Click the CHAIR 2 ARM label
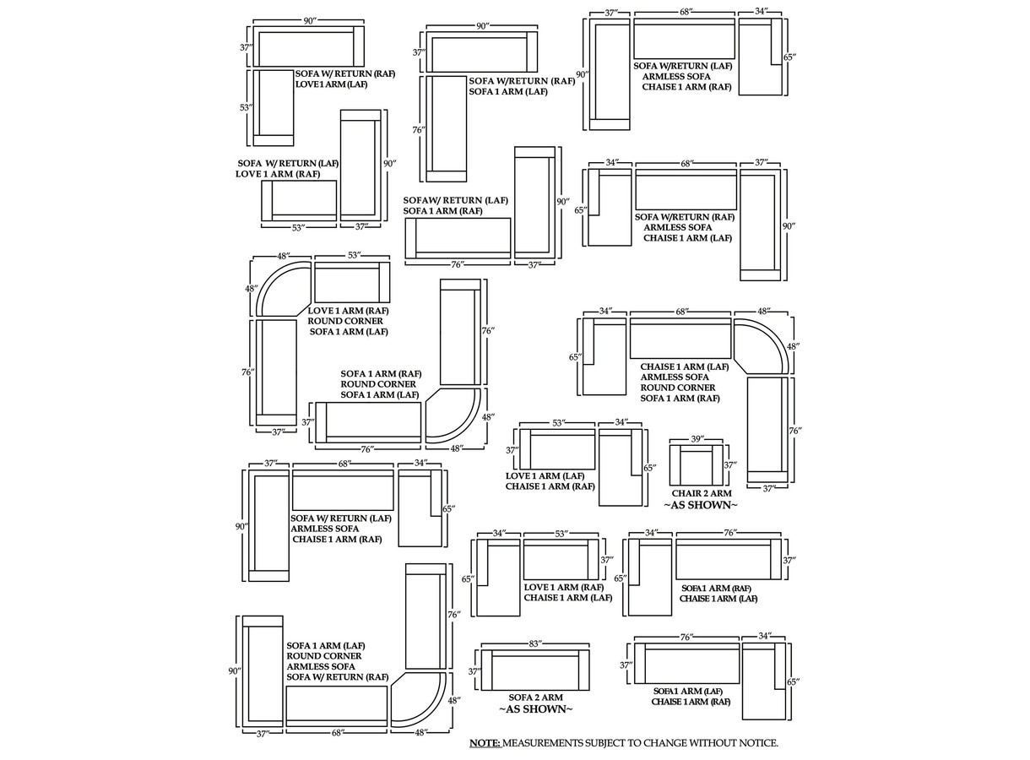coord(701,493)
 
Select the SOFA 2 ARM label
coord(535,698)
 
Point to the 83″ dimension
coord(535,644)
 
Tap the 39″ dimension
coord(697,439)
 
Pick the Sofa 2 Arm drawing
coord(535,670)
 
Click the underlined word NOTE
coord(485,743)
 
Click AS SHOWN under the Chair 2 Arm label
coord(701,505)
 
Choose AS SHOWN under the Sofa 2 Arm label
coord(535,709)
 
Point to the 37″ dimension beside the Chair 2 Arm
coord(730,465)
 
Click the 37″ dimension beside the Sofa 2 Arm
coord(475,671)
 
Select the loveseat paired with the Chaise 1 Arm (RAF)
coord(558,450)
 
